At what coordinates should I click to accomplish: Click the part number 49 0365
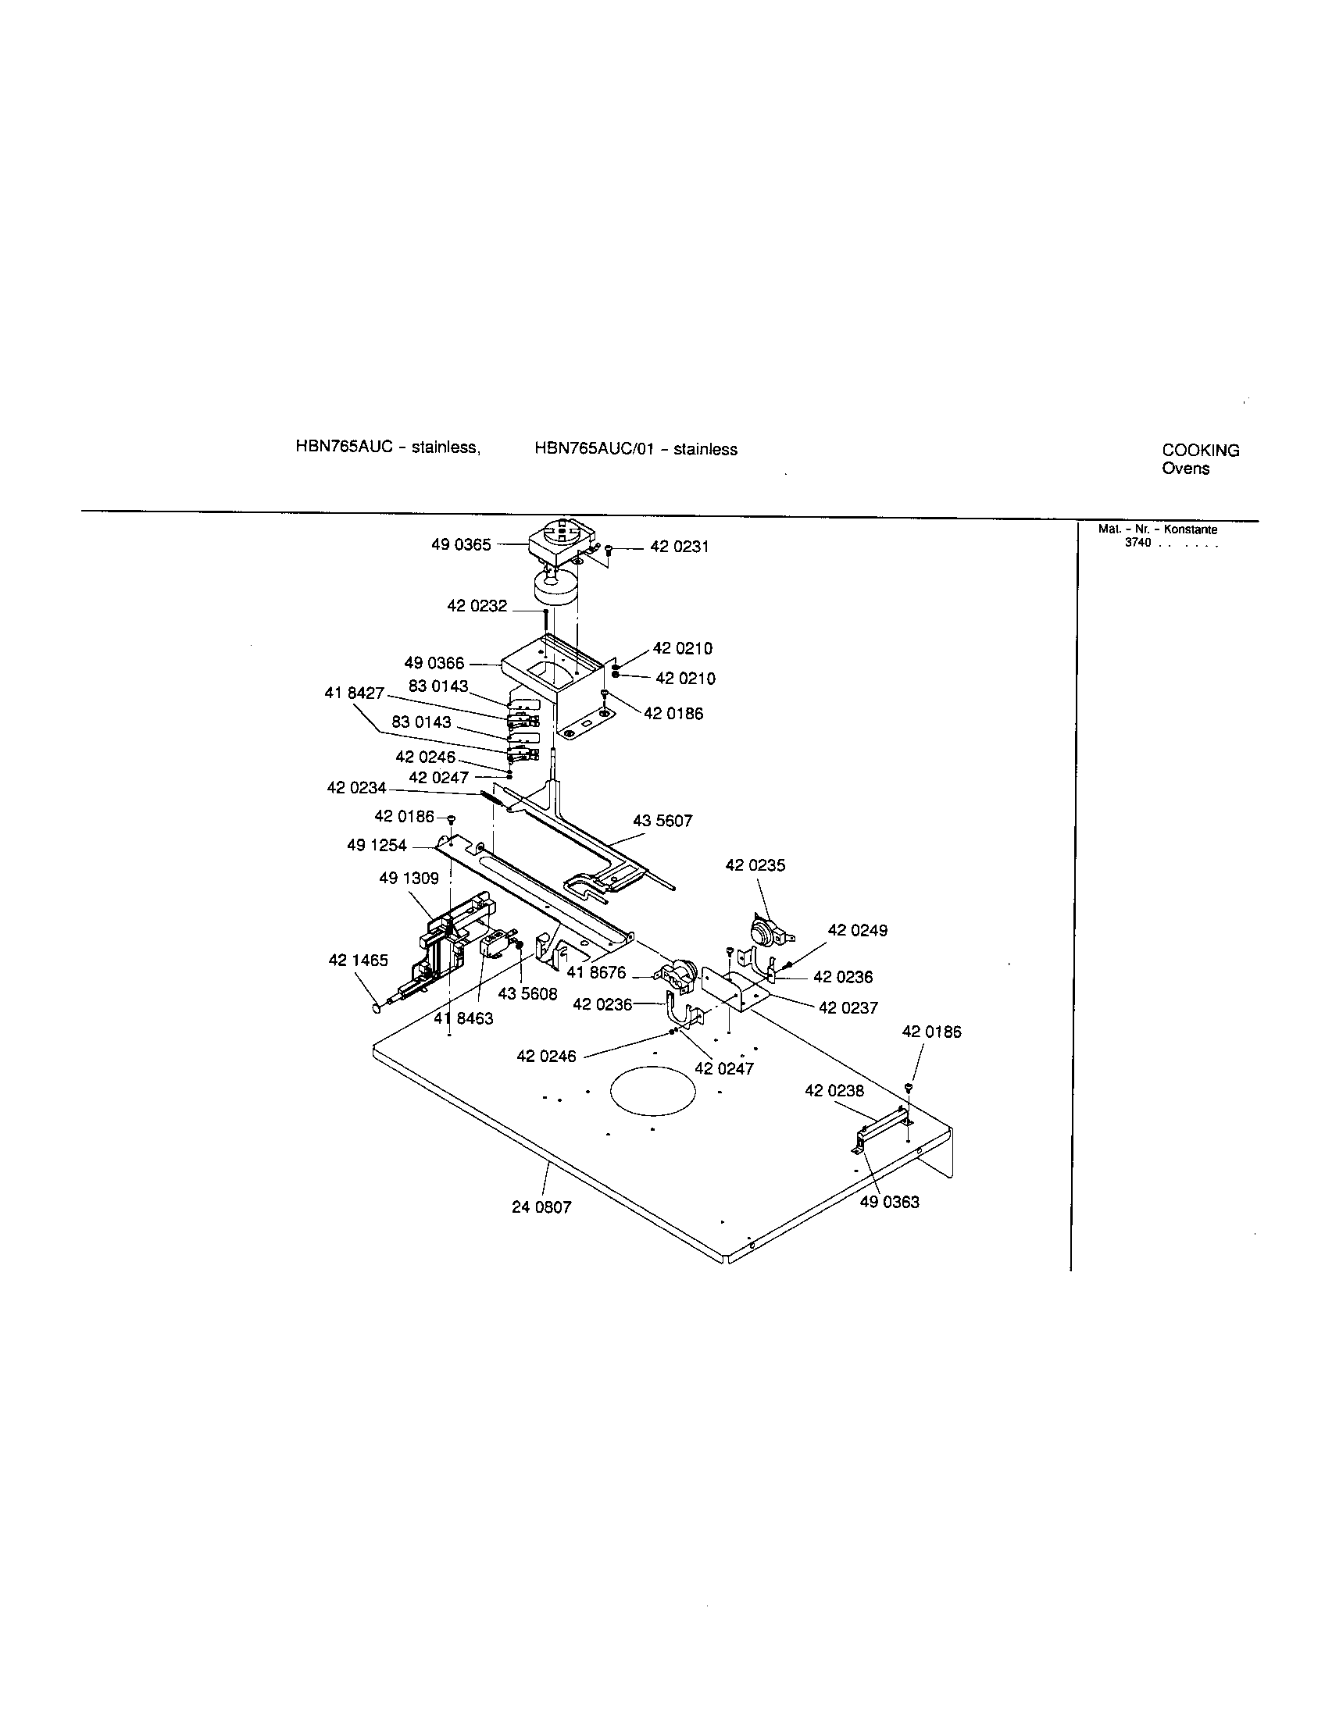(460, 545)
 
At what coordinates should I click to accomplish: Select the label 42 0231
(679, 547)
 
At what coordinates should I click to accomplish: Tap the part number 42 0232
(477, 607)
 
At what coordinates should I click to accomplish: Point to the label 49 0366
(434, 664)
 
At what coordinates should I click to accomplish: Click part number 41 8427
(354, 693)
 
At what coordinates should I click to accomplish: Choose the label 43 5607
(662, 822)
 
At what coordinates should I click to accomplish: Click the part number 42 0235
(755, 865)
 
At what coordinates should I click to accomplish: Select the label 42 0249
(857, 931)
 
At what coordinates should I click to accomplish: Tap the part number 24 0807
(541, 1207)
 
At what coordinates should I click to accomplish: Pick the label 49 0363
(889, 1202)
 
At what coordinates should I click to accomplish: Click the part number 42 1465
(358, 961)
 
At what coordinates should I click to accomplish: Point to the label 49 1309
(409, 879)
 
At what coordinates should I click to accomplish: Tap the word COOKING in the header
(1200, 451)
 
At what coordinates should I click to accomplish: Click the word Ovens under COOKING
(1185, 469)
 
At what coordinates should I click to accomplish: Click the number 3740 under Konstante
(1137, 543)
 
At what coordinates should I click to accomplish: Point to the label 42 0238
(834, 1090)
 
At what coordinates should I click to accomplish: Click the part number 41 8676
(596, 973)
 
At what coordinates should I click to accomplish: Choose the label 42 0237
(848, 1007)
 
